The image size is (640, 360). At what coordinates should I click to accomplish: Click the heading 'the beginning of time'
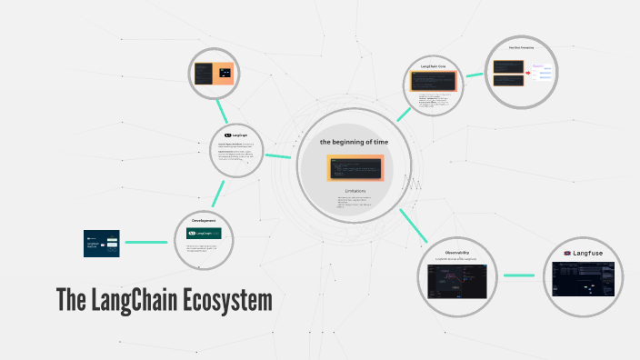(x=353, y=143)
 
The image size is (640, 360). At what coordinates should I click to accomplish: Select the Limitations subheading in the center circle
(x=354, y=190)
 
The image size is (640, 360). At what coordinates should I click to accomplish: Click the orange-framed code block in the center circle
(x=355, y=167)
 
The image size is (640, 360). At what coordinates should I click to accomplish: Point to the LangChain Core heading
(x=432, y=66)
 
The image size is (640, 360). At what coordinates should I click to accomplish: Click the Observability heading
(x=457, y=252)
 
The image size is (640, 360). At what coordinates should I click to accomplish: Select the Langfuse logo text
(x=592, y=253)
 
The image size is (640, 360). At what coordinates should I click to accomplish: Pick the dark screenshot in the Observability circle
(x=457, y=283)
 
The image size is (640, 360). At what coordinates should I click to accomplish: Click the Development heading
(x=203, y=220)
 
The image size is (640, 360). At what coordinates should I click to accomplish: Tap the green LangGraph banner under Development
(x=204, y=235)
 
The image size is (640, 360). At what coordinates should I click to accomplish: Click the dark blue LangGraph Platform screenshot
(x=102, y=243)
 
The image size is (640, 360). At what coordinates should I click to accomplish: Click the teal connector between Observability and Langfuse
(x=519, y=275)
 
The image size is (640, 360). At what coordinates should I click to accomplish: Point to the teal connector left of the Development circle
(x=146, y=242)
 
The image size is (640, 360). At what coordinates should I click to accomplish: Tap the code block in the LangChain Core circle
(x=432, y=81)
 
